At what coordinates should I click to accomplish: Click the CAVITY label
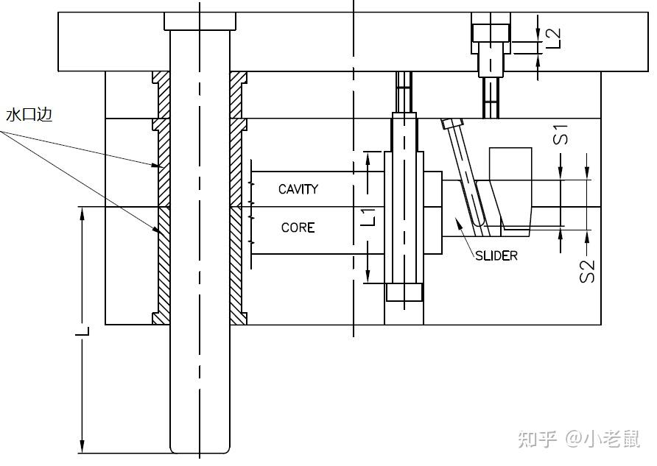[298, 189]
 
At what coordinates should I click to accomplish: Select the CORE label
[298, 227]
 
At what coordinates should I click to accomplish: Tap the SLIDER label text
[496, 255]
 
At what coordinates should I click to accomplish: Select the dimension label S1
[562, 135]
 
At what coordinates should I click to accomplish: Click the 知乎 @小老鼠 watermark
[578, 439]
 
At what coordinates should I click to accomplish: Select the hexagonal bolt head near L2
[491, 32]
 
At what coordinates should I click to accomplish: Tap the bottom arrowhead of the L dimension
[82, 446]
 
